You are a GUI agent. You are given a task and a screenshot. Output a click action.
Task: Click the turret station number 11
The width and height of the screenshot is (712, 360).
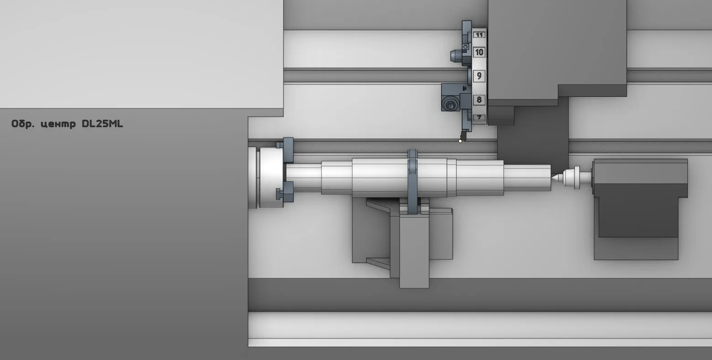pyautogui.click(x=480, y=35)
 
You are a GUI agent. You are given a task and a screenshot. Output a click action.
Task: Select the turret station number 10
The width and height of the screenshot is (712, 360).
pyautogui.click(x=480, y=52)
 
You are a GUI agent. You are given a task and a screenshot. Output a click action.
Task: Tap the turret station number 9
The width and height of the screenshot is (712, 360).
pyautogui.click(x=480, y=76)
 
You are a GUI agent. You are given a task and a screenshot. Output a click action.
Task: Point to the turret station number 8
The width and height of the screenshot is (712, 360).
pyautogui.click(x=480, y=100)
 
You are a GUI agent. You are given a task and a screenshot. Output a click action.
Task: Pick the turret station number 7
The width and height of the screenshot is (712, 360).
pyautogui.click(x=480, y=117)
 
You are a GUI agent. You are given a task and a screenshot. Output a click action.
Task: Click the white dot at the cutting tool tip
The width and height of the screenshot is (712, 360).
pyautogui.click(x=460, y=141)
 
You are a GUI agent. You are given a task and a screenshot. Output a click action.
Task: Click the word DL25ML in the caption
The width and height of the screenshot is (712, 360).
pyautogui.click(x=102, y=124)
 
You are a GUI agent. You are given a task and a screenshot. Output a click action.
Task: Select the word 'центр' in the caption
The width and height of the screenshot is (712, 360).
pyautogui.click(x=58, y=124)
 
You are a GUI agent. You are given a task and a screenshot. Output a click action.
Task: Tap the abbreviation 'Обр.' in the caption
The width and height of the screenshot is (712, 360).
pyautogui.click(x=23, y=124)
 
